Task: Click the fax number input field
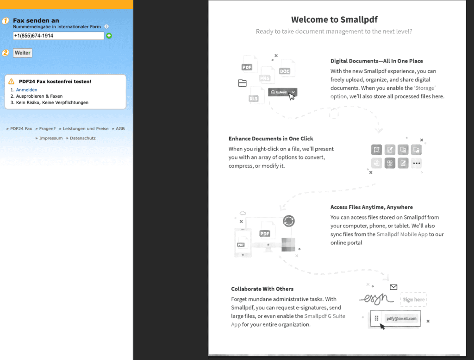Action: click(58, 36)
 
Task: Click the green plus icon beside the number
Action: click(109, 36)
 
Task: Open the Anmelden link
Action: click(26, 90)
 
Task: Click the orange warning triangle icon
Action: click(12, 82)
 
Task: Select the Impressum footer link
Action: click(50, 138)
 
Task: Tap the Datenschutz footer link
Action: click(82, 138)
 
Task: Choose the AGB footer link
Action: click(120, 129)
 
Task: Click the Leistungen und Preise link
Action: click(86, 129)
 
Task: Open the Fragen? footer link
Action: click(47, 129)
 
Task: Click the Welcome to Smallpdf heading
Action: click(334, 19)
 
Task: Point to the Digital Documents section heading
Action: click(376, 61)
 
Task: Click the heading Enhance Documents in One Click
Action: click(271, 139)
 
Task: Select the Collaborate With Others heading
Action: click(262, 289)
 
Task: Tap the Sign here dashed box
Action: click(413, 300)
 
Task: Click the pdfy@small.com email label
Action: click(401, 319)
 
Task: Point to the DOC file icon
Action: click(285, 71)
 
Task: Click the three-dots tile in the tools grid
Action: click(417, 163)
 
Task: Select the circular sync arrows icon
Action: click(289, 221)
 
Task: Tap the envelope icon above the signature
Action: click(393, 287)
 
